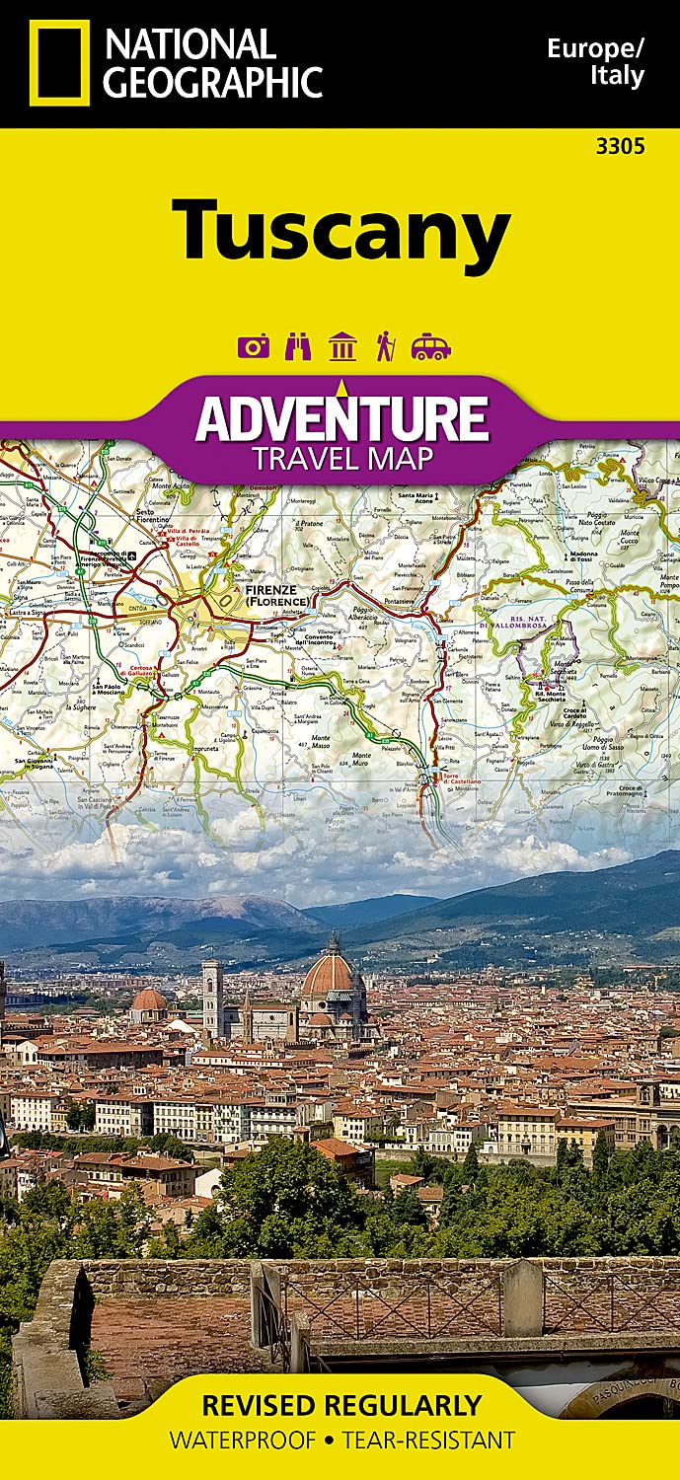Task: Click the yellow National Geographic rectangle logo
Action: (x=59, y=62)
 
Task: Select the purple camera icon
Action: (x=254, y=346)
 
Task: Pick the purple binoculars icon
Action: (x=298, y=346)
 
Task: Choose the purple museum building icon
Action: (x=342, y=346)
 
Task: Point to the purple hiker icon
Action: (x=385, y=346)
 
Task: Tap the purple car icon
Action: (x=431, y=346)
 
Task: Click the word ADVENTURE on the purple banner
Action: (x=341, y=418)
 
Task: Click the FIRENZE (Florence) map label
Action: (x=277, y=595)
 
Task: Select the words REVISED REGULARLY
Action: (x=341, y=1405)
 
